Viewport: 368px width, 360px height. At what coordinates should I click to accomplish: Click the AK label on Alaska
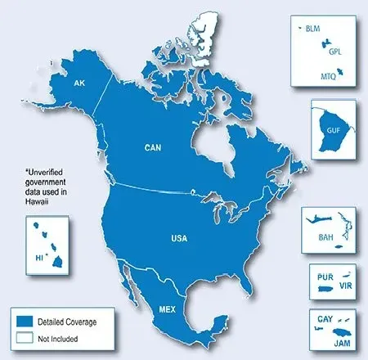coord(79,84)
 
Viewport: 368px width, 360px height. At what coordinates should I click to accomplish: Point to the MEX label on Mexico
coord(165,309)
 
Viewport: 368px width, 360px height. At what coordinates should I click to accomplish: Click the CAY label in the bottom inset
coord(321,315)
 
